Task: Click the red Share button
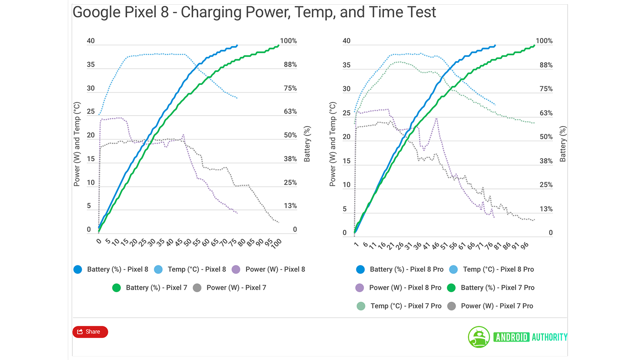coord(90,332)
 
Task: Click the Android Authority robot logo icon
coord(479,337)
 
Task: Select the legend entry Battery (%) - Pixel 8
coord(111,270)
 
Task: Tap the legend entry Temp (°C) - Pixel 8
coord(190,270)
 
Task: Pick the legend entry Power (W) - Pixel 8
coord(268,270)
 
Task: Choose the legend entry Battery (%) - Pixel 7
coord(150,288)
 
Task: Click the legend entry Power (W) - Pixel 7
coord(230,288)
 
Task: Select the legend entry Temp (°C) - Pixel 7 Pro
coord(399,306)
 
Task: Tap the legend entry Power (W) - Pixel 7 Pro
coord(490,306)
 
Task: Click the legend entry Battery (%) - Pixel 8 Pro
coord(400,270)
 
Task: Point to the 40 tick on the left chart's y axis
coord(91,41)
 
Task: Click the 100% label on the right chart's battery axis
coord(544,41)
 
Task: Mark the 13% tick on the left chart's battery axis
coord(290,206)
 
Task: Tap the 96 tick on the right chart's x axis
coord(524,246)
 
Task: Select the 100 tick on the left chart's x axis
coord(276,244)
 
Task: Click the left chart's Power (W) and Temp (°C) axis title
coord(77,144)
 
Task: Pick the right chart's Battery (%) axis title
coord(563,144)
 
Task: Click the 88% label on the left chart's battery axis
coord(290,65)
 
